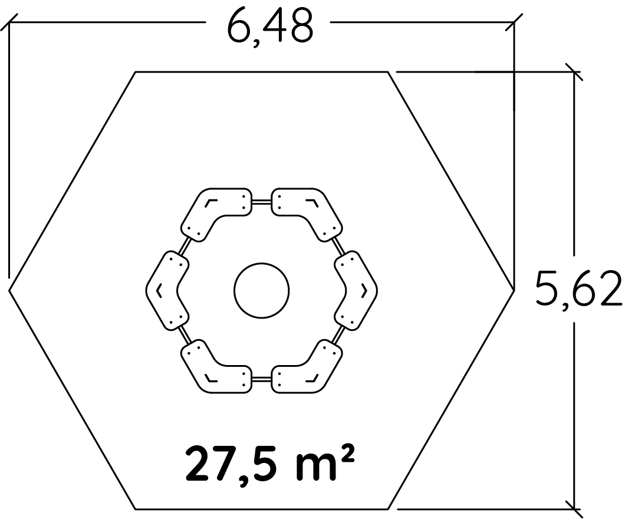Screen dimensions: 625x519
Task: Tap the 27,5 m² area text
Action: tap(269, 463)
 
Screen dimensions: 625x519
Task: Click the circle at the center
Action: tap(261, 291)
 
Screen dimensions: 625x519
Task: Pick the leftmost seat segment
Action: tap(167, 291)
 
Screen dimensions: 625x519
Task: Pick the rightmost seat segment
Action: tap(356, 291)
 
